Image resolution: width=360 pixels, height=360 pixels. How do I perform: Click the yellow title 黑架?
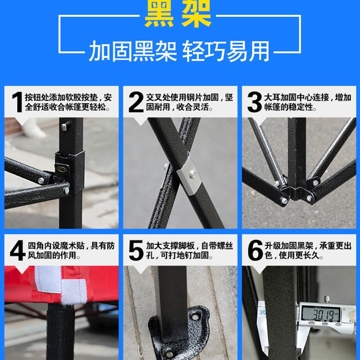coord(178,14)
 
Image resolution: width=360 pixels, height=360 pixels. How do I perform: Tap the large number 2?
coord(135,103)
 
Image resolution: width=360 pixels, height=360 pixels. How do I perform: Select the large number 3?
coord(255,103)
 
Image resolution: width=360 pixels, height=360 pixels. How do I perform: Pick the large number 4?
coord(17,251)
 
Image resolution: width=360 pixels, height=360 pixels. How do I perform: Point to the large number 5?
coord(135,251)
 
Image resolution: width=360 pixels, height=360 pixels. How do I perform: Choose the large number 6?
coord(255,251)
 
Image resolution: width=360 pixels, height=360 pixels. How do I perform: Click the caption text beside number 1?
coord(68,103)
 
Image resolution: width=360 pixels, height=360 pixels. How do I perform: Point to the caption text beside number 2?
coord(189,103)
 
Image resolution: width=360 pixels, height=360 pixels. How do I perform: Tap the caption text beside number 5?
coord(189,251)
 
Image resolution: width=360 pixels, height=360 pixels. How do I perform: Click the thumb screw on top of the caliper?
coord(328,297)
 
